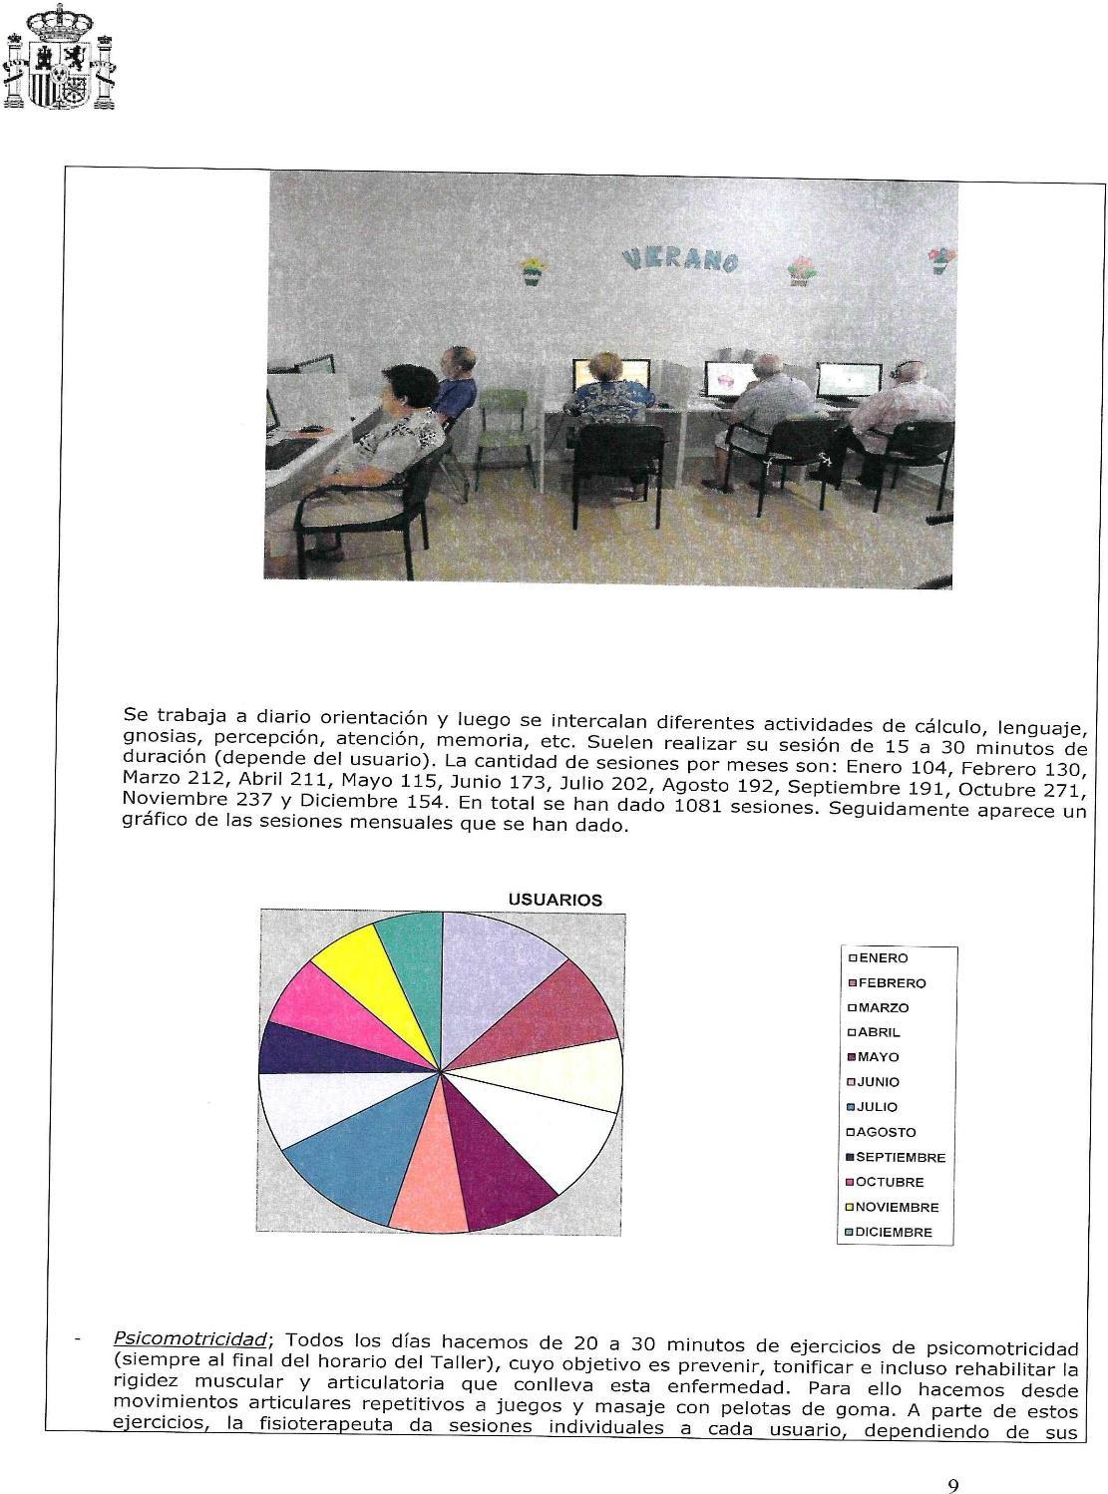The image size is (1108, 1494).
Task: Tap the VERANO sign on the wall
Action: point(680,259)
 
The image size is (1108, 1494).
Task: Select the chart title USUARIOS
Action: point(554,900)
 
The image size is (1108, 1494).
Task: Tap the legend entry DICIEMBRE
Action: point(894,1233)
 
